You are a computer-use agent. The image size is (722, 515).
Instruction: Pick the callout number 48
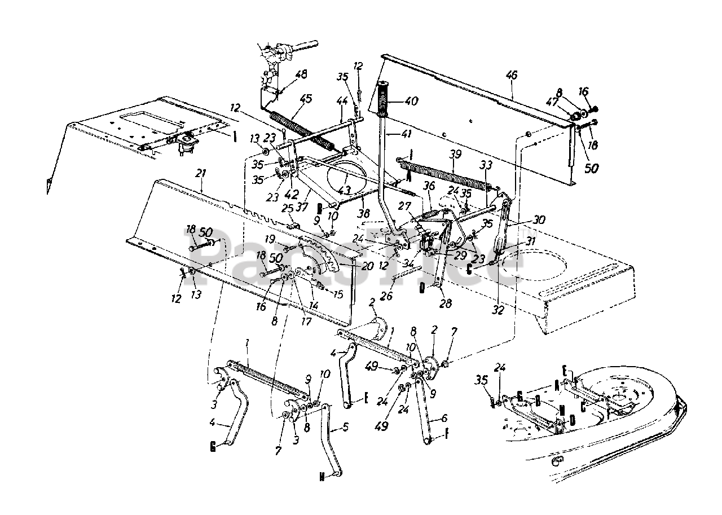point(301,74)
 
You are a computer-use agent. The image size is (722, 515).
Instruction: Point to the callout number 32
point(498,310)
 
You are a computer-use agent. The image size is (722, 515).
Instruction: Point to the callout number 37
point(303,207)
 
